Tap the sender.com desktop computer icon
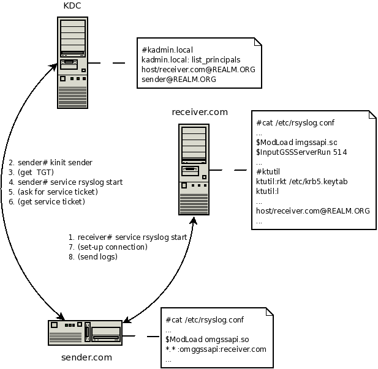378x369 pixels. point(86,333)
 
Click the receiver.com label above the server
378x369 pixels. point(200,112)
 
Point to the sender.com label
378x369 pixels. point(86,357)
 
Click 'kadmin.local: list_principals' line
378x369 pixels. point(191,60)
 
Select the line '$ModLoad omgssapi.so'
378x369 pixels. point(208,339)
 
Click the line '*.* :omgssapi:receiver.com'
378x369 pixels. point(216,349)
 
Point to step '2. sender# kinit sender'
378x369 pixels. point(51,163)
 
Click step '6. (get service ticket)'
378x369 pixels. point(47,202)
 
